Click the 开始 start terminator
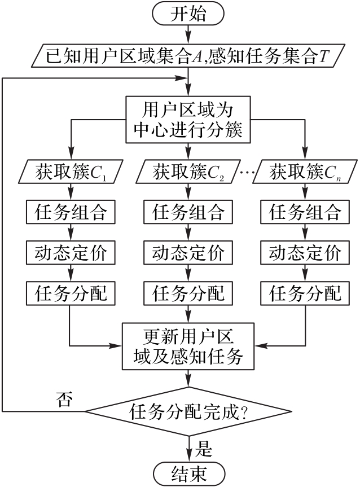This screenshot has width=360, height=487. tap(188, 14)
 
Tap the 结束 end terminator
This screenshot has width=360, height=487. tap(188, 472)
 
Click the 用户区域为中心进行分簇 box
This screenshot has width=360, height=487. tap(188, 120)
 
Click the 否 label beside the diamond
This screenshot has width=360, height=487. tap(64, 400)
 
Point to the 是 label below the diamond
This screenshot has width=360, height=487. tap(204, 449)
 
